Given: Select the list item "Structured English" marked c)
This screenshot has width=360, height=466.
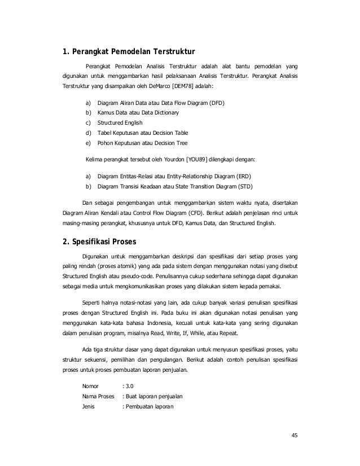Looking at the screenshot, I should tap(120, 122).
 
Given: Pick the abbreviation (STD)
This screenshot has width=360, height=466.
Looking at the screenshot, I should tap(244, 186).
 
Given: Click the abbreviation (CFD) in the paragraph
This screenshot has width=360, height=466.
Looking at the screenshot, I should tap(210, 213).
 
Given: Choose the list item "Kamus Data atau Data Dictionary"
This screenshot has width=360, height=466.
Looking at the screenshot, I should tap(138, 113).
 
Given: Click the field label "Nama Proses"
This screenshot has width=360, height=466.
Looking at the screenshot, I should tap(98, 397).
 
